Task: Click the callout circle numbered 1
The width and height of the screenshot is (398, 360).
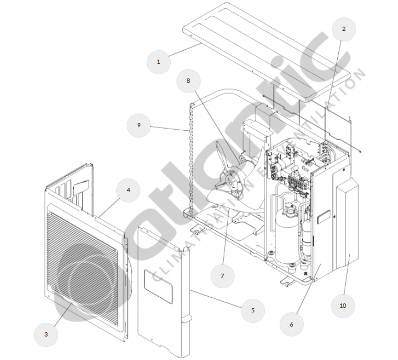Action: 159,62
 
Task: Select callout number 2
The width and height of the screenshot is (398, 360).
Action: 344,29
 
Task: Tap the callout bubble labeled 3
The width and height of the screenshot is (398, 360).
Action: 46,334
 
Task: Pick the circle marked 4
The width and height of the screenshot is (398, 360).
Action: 128,190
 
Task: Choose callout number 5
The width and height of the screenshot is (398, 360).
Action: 253,310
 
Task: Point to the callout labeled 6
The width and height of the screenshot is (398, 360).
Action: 291,324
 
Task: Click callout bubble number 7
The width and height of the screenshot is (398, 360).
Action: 223,276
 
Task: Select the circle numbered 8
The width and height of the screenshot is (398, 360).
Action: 189,81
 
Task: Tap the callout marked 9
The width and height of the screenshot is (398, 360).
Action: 139,125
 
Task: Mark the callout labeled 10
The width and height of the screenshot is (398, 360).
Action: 343,306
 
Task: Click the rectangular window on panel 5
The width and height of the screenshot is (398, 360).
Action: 158,287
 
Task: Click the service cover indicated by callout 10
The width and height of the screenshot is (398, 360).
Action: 347,223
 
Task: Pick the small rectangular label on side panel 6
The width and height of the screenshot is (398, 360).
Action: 324,217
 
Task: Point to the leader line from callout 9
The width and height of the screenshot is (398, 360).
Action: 170,128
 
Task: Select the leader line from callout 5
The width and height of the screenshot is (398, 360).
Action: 216,299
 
